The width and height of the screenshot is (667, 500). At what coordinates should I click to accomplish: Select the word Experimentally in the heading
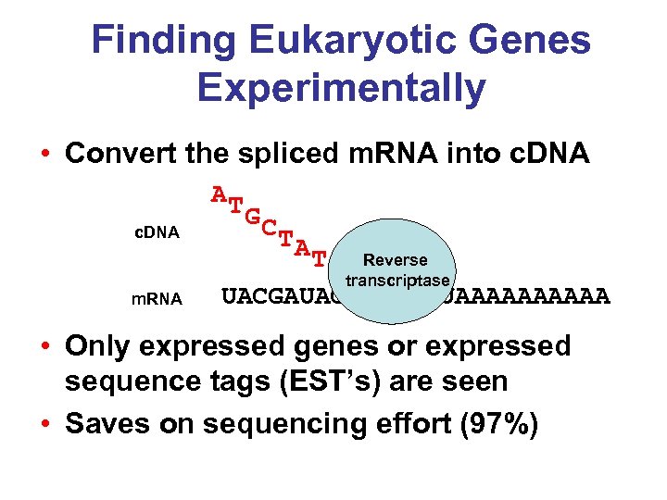point(341,88)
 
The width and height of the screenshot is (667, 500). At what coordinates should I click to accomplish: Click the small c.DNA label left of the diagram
point(155,231)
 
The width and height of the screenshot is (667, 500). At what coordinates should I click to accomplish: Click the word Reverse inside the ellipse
point(396,261)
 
